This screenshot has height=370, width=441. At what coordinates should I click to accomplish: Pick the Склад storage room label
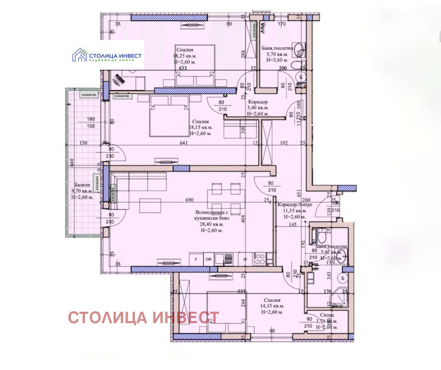327,315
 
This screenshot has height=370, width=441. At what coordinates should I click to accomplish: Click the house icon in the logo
80,54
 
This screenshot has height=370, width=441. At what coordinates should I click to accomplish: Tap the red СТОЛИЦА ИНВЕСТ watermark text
143,317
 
